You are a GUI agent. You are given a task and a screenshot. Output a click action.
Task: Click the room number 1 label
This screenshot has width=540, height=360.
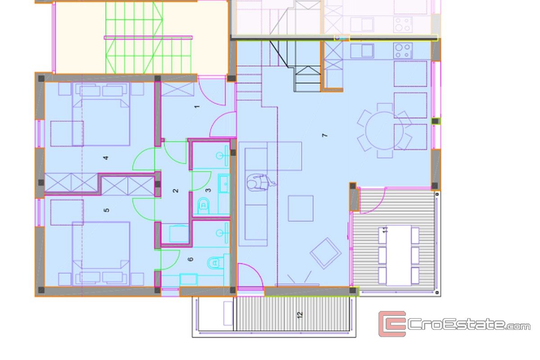(197, 107)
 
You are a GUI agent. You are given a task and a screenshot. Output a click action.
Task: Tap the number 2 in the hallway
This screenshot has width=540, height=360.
(175, 191)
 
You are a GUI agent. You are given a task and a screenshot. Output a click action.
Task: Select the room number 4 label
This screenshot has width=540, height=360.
(106, 158)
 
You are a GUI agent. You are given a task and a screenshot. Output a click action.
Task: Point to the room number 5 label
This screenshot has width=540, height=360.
(106, 210)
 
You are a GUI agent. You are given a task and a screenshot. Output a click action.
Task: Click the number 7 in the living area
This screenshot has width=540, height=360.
(325, 135)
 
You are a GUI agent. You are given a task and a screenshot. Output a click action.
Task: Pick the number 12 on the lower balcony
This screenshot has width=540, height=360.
(300, 315)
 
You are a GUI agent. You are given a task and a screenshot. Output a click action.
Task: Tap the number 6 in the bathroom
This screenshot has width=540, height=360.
(190, 259)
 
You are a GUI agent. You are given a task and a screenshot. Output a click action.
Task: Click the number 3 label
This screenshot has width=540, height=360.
(208, 190)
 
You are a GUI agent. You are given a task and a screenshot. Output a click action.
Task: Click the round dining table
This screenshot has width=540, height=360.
(384, 131)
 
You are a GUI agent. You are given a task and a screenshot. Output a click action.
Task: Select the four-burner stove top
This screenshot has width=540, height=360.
(403, 51)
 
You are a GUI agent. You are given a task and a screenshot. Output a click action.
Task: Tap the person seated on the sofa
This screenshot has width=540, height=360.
(261, 183)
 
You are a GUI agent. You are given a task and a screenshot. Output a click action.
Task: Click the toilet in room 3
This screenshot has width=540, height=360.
(203, 206)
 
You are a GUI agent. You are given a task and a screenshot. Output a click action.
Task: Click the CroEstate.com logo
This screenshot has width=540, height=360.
(454, 324)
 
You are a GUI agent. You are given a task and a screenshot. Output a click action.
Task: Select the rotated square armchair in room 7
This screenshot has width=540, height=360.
(325, 253)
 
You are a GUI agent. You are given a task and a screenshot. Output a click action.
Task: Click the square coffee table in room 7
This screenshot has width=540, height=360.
(301, 208)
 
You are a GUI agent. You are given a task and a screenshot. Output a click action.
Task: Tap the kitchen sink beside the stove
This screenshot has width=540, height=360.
(362, 51)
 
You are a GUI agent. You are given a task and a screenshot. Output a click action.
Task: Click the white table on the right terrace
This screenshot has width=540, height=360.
(399, 256)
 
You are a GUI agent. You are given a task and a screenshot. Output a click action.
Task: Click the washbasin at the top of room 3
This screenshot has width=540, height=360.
(222, 156)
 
